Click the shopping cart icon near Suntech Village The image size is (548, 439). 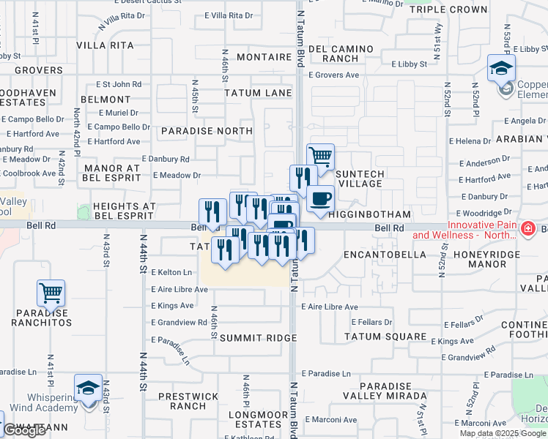coord(320,157)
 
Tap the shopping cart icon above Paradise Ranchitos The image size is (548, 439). coord(51,293)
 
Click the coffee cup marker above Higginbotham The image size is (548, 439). coord(320,198)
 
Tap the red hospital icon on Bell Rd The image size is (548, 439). coord(527,230)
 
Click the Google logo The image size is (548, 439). coord(24,430)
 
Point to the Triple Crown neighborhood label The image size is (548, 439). coord(448,10)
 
